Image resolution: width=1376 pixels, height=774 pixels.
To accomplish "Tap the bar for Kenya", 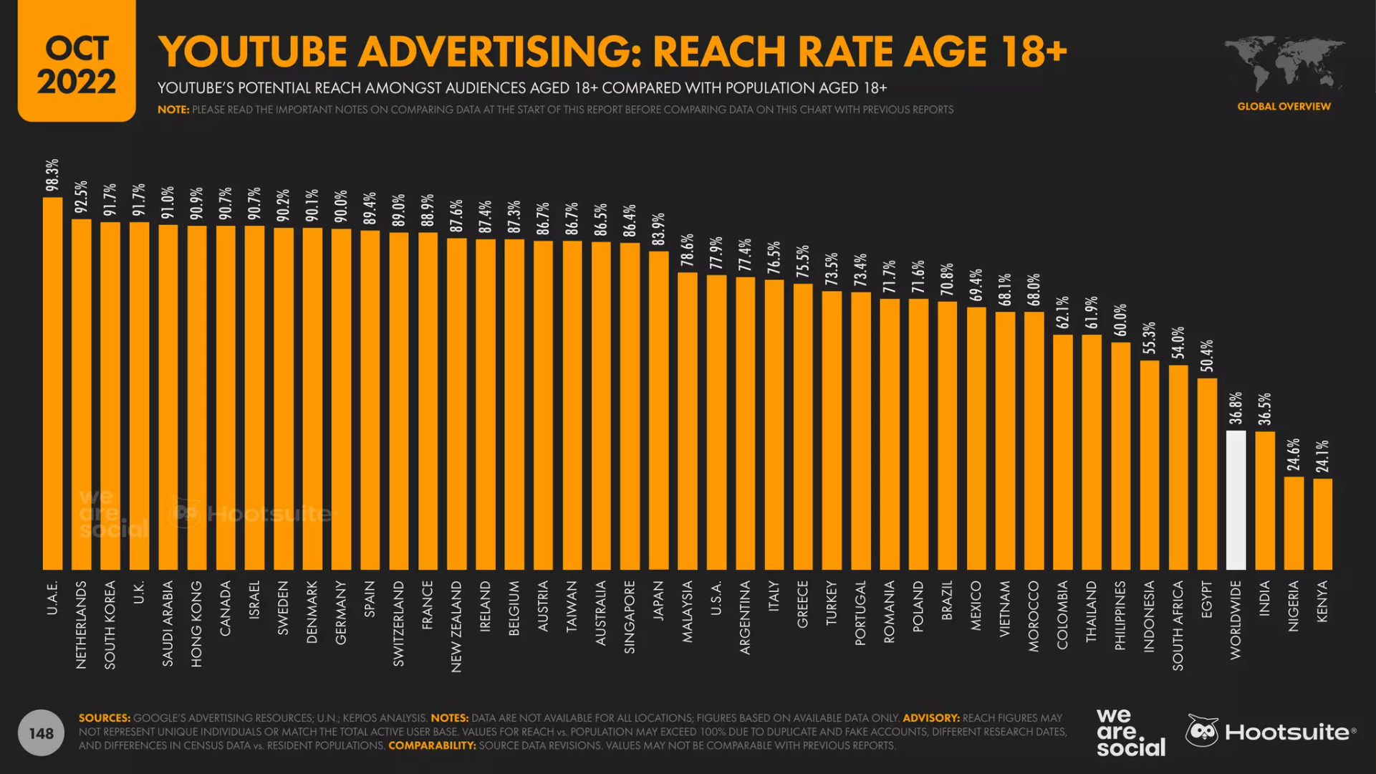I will tap(1322, 524).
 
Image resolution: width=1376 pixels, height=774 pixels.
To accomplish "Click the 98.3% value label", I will tap(52, 175).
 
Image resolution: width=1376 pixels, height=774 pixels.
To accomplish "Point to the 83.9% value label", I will tap(658, 229).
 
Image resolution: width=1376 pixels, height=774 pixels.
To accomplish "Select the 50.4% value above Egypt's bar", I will tap(1207, 355).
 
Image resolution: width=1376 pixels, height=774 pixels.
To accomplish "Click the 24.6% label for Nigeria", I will tap(1294, 455).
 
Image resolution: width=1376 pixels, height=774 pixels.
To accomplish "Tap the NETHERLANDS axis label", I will tap(81, 624).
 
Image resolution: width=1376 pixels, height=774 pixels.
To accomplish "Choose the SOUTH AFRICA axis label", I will tap(1178, 625).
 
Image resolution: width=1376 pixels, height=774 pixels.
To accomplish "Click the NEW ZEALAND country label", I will tap(456, 626).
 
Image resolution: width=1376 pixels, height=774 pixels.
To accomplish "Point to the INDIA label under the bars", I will tap(1264, 598).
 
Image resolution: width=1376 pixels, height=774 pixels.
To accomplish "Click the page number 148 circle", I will tap(41, 732).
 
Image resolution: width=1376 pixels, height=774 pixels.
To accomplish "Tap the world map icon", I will tap(1284, 63).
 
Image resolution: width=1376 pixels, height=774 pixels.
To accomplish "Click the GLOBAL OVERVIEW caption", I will tap(1284, 106).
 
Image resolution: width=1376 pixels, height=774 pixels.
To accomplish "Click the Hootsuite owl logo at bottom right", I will tap(1202, 731).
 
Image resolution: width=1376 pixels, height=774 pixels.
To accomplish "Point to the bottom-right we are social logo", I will tap(1130, 732).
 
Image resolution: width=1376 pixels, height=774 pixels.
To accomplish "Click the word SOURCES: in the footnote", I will tap(105, 717).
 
